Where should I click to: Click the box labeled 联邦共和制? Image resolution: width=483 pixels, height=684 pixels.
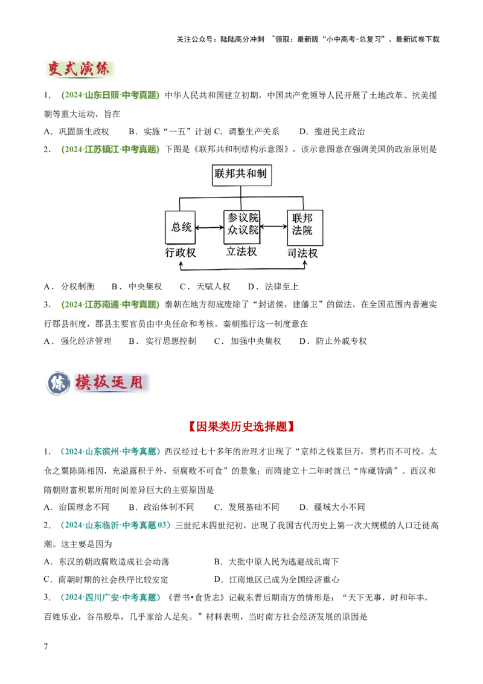[240, 175]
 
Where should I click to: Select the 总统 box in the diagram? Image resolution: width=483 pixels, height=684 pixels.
[181, 227]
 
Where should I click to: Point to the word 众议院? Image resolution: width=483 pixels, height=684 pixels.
[243, 231]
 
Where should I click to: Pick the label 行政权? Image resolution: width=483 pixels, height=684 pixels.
[181, 253]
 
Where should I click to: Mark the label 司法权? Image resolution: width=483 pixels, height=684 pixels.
[302, 254]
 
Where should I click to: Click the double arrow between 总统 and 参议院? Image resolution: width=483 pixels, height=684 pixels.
[210, 227]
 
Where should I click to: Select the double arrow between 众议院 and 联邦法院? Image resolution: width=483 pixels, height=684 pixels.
[274, 227]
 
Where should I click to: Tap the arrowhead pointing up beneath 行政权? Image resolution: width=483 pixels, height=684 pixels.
[181, 263]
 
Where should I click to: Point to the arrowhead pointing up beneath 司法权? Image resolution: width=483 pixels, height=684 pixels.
[304, 263]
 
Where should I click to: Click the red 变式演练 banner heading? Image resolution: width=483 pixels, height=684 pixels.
[80, 68]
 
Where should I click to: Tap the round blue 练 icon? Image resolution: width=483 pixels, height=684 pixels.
[58, 384]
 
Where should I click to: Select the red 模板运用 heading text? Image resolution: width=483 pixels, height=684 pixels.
[109, 383]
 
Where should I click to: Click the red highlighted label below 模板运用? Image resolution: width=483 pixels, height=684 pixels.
[241, 427]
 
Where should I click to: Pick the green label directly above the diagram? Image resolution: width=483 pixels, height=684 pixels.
[111, 149]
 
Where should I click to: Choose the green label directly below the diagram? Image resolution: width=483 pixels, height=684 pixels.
[111, 304]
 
